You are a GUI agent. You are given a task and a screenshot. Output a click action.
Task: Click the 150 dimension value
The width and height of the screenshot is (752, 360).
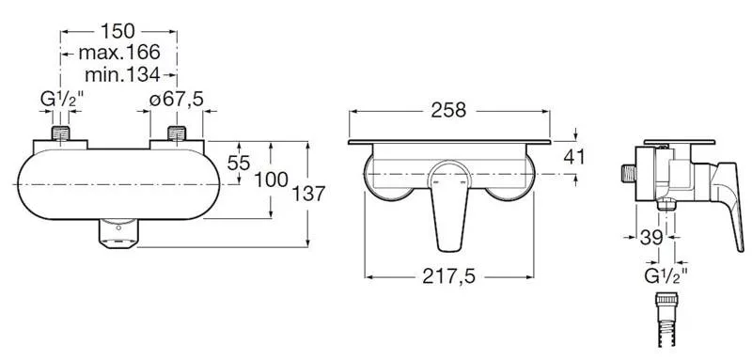pos(117,32)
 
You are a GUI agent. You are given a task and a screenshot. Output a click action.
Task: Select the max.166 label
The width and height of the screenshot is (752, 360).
pos(119,53)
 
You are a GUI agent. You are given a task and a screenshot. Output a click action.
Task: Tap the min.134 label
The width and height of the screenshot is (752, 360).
pos(122,74)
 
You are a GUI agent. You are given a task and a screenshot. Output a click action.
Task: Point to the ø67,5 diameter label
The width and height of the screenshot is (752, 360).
pos(176,100)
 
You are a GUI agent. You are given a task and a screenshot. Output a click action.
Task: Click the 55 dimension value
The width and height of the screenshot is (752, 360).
pos(239,163)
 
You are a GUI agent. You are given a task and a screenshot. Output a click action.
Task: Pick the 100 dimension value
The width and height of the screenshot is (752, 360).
pos(271,180)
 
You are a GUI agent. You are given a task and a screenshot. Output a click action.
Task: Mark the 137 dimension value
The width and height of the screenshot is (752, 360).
pos(309,194)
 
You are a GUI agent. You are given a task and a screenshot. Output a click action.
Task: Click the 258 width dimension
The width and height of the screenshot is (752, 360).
pos(448,110)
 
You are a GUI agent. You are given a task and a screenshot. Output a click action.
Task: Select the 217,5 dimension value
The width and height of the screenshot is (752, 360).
pos(448,276)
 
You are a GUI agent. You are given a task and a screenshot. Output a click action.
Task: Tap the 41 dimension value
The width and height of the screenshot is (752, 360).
pos(574,157)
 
